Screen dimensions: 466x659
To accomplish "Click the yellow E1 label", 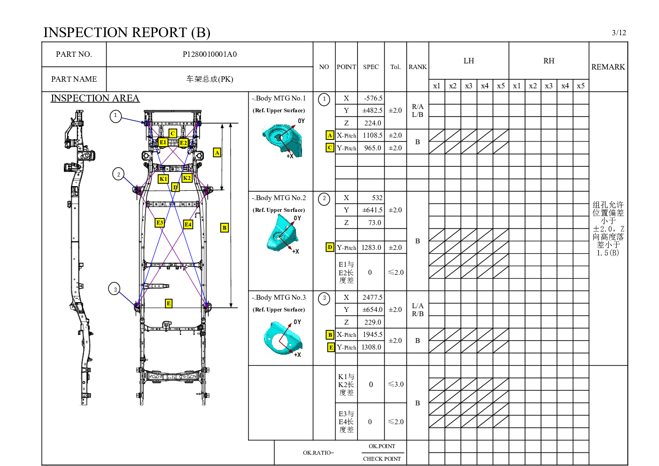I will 163,142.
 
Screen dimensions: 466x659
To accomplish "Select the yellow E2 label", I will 184,143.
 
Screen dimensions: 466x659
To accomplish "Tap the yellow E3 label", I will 160,223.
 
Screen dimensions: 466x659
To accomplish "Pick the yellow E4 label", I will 188,225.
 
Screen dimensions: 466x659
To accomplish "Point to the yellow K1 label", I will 163,179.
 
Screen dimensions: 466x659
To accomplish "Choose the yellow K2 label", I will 187,178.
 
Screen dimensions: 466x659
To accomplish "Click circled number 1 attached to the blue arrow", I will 116,116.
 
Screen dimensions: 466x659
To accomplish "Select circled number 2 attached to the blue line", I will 118,174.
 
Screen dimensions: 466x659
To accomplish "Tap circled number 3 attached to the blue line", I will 115,289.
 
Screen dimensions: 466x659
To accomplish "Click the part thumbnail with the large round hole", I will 284,337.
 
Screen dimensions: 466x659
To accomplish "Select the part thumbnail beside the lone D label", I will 282,233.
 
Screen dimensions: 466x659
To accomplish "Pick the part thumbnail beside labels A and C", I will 282,140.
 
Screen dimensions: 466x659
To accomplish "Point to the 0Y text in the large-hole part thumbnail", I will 297,322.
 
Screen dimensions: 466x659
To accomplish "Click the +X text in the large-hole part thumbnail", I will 297,355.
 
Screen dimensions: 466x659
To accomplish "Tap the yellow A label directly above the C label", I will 330,135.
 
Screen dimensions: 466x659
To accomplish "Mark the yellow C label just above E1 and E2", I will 173,133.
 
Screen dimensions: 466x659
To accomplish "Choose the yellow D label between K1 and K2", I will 175,187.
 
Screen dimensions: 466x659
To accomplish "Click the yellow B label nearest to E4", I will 225,228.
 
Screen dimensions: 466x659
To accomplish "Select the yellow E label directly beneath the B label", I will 331,348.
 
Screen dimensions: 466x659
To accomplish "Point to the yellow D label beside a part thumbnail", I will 330,247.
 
